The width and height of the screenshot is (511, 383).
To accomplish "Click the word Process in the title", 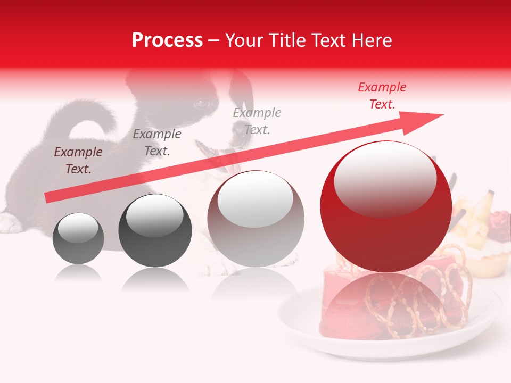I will click(x=167, y=40).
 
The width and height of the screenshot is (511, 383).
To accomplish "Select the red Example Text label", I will click(x=382, y=96).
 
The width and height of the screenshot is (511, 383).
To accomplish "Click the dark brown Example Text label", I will click(x=78, y=161).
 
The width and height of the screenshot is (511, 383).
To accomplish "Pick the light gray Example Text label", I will click(x=257, y=121).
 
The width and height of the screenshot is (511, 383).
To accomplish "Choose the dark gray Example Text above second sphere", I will click(x=157, y=143).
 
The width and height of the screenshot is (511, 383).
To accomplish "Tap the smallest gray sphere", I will click(x=78, y=238).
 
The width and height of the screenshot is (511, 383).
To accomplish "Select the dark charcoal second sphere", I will click(x=155, y=231).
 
